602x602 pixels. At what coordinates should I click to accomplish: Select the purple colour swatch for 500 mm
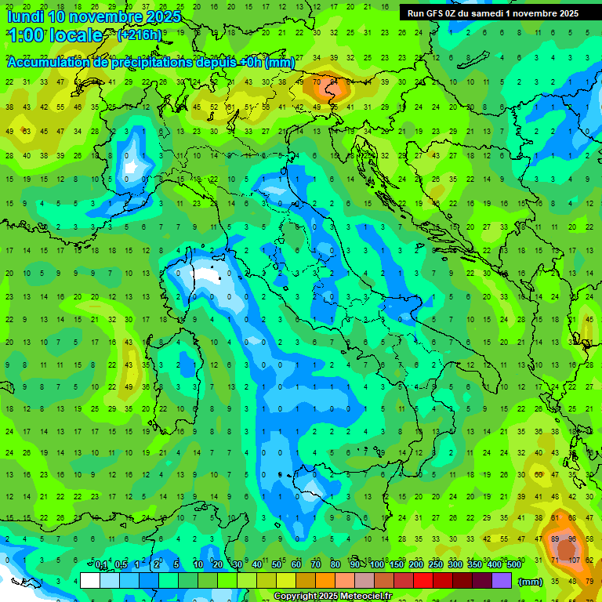click(502, 580)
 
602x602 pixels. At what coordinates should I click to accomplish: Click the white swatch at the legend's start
click(90, 580)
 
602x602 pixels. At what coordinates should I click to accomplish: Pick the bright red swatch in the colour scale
click(423, 580)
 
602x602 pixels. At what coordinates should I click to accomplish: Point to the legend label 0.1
click(101, 565)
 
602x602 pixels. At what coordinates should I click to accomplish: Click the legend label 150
click(397, 565)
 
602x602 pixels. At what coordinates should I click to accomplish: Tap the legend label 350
click(475, 565)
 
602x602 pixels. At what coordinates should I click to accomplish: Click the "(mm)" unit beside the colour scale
click(530, 581)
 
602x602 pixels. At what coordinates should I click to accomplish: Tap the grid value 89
click(556, 539)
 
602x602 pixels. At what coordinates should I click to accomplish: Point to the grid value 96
click(573, 539)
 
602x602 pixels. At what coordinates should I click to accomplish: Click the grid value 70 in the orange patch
click(316, 82)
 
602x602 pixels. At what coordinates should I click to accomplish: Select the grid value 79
click(589, 581)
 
